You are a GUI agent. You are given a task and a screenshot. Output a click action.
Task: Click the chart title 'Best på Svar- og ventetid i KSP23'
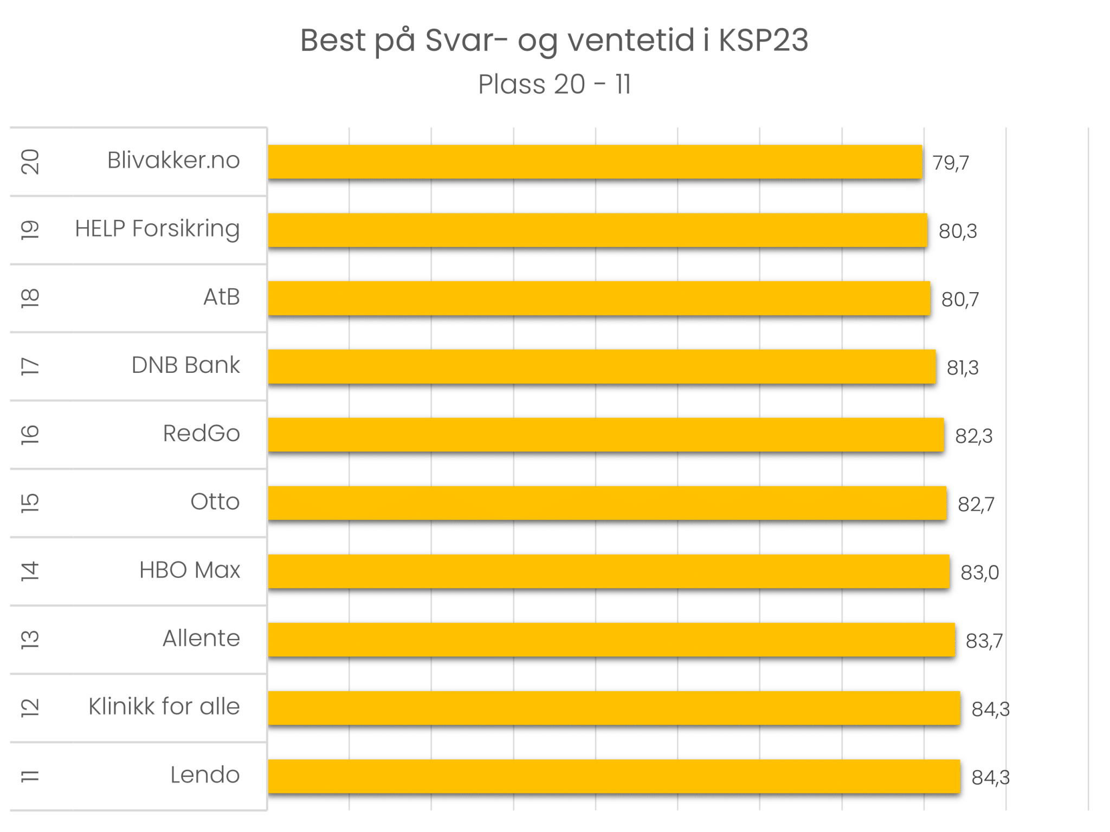[554, 41]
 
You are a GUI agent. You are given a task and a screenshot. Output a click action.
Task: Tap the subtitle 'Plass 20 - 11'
[554, 85]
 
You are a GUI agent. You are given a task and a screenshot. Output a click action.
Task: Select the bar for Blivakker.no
[595, 162]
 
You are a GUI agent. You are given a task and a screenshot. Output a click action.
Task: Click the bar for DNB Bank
[602, 367]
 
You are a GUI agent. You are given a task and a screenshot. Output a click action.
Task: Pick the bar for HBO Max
[608, 571]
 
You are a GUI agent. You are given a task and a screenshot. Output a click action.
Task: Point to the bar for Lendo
[614, 776]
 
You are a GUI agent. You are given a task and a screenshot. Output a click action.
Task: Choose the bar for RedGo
[605, 435]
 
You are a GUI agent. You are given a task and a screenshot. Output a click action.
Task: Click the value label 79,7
[951, 163]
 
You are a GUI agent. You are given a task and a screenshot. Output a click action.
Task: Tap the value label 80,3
[958, 231]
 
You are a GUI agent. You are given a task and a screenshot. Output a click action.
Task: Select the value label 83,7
[984, 641]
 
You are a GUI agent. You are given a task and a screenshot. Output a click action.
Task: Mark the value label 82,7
[976, 505]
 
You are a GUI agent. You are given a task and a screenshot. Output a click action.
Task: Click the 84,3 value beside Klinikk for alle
[990, 709]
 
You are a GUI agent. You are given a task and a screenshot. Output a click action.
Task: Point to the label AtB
[221, 297]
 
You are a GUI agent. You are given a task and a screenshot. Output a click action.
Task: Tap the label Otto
[215, 502]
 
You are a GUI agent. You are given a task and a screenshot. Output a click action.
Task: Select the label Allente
[201, 638]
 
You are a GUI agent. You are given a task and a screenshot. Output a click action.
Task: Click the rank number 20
[30, 162]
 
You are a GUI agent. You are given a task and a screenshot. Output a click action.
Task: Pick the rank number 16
[30, 435]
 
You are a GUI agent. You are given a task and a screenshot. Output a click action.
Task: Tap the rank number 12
[30, 708]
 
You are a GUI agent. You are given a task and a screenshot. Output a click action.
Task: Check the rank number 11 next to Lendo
[30, 776]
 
